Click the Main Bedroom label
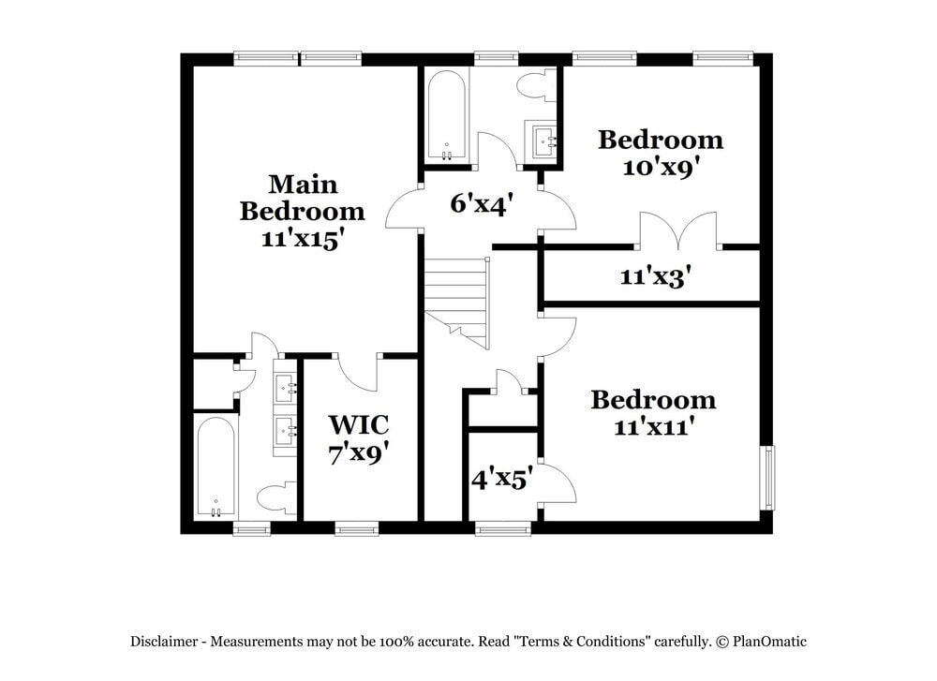tap(302, 197)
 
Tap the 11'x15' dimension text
tap(300, 238)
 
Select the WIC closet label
tap(359, 423)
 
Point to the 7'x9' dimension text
tap(359, 454)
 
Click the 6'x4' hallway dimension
tap(479, 203)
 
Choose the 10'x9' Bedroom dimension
tap(662, 169)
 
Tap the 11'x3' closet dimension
tap(656, 277)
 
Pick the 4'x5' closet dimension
tap(502, 480)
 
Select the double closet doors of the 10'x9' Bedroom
tap(677, 231)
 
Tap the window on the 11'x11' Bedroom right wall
tap(767, 477)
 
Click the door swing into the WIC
tap(358, 373)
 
